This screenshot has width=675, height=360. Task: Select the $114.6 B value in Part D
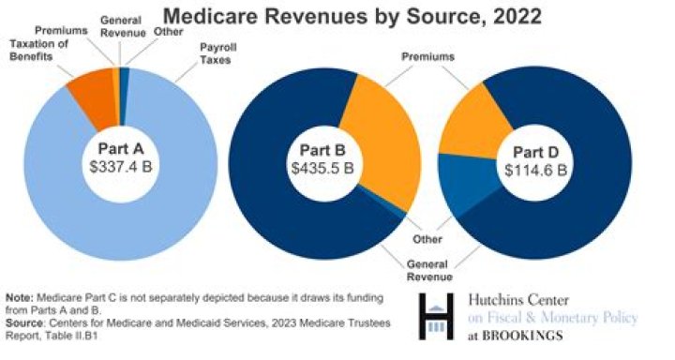click(x=537, y=170)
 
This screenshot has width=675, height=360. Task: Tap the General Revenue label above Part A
click(x=120, y=23)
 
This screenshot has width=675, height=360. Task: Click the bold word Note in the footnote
click(x=21, y=296)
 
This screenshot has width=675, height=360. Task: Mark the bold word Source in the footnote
click(x=26, y=321)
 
